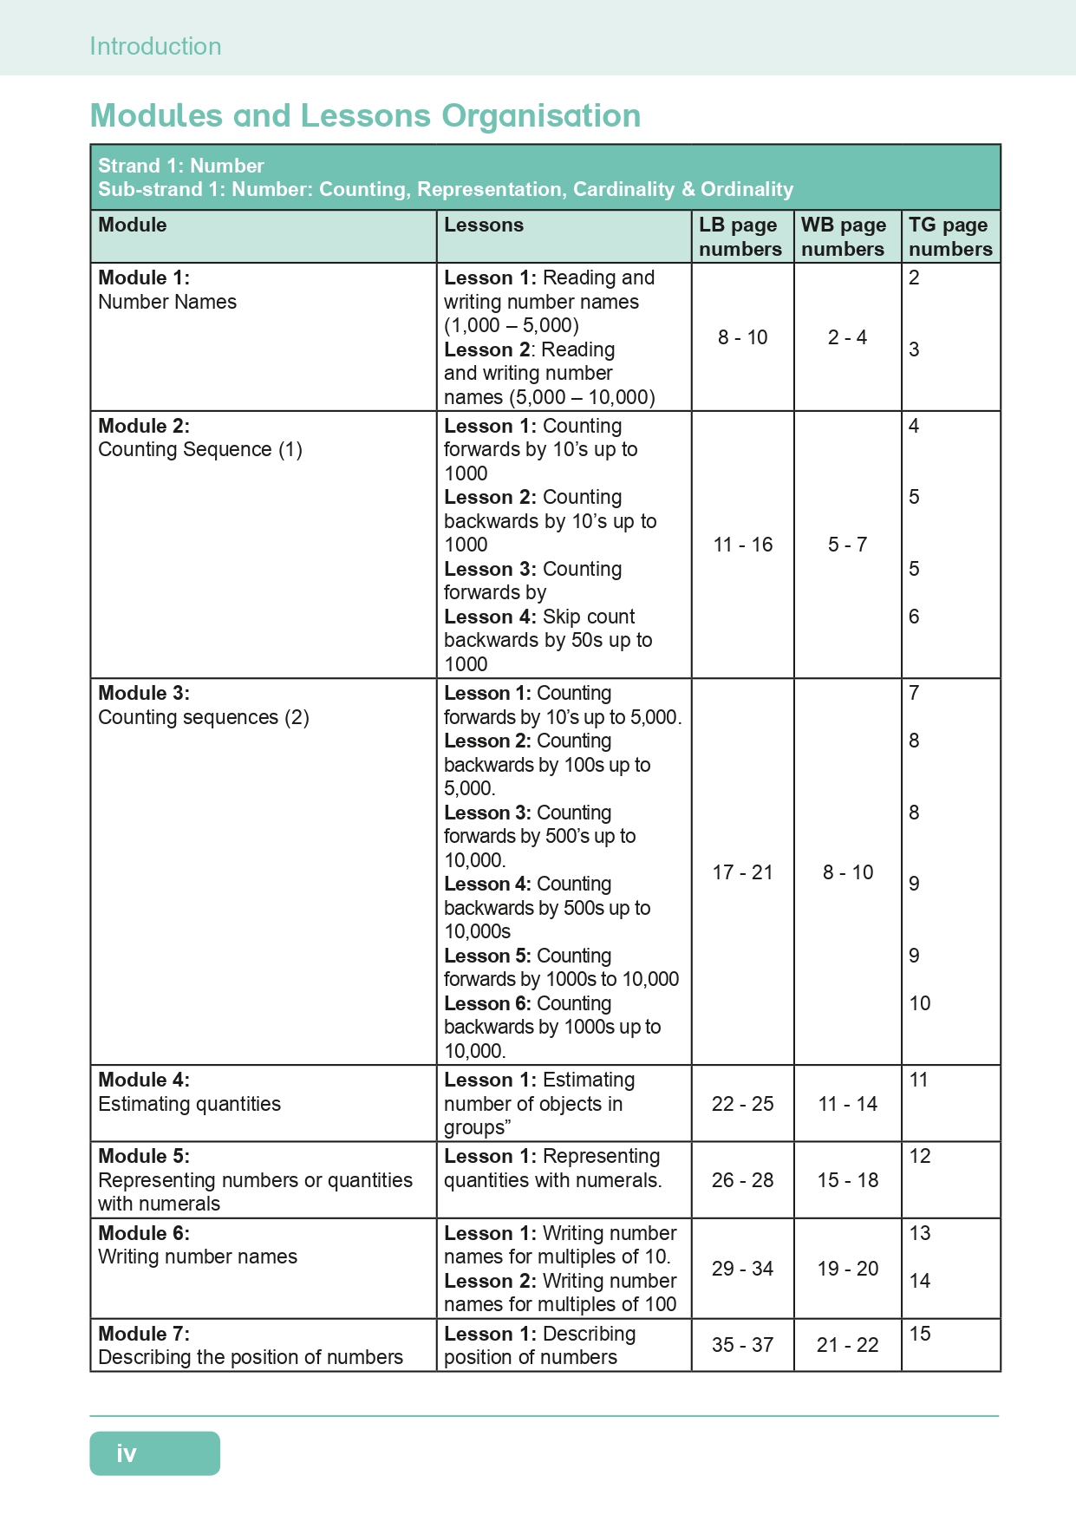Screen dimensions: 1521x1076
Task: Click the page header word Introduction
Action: tap(155, 46)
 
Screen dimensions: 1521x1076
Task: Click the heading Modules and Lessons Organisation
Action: tap(365, 115)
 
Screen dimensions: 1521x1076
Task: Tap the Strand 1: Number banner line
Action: tap(180, 166)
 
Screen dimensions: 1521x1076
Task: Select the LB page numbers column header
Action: tap(740, 237)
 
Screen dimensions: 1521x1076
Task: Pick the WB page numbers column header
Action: tap(844, 237)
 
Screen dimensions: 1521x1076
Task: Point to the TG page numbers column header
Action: tap(950, 237)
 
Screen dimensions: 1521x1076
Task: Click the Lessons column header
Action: tap(484, 225)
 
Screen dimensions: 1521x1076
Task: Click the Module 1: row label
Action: tap(144, 278)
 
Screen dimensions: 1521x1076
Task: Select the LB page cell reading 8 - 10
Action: tap(742, 337)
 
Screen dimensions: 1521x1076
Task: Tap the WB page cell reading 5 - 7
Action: tap(847, 545)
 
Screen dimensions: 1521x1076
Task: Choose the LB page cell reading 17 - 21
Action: tap(742, 872)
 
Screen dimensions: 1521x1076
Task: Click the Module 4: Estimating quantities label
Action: tap(189, 1093)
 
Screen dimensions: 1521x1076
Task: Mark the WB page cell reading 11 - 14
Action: tap(847, 1104)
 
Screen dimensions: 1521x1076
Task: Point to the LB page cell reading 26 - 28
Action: tap(742, 1180)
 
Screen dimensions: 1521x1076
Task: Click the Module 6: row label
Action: tap(144, 1233)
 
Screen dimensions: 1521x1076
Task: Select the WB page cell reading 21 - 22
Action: tap(847, 1345)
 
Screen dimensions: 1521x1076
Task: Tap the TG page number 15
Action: tap(920, 1334)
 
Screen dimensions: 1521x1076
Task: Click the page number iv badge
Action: tap(154, 1453)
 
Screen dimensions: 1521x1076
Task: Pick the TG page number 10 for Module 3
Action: tap(920, 1003)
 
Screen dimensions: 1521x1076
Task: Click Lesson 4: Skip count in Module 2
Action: tap(539, 617)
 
